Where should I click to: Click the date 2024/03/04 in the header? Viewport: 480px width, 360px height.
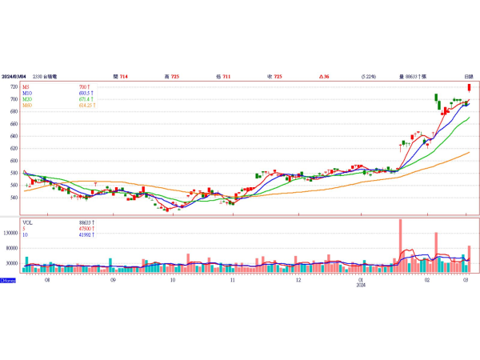pyautogui.click(x=17, y=76)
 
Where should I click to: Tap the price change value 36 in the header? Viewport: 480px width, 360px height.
pyautogui.click(x=325, y=76)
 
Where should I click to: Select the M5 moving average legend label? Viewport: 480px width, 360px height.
pyautogui.click(x=26, y=86)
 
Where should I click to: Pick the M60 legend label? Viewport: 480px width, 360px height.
pyautogui.click(x=27, y=106)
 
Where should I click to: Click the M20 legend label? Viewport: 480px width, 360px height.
pyautogui.click(x=27, y=99)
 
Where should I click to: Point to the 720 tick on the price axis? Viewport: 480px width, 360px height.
pyautogui.click(x=14, y=86)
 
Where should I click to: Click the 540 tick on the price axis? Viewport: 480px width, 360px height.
pyautogui.click(x=14, y=197)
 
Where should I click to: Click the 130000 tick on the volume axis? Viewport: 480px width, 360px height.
pyautogui.click(x=11, y=234)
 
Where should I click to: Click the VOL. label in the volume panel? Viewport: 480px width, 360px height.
pyautogui.click(x=28, y=222)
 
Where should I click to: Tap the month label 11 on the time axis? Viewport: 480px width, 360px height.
pyautogui.click(x=232, y=280)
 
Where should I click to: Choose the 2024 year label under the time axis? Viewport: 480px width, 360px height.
pyautogui.click(x=361, y=285)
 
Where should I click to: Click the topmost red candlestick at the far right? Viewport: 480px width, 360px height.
pyautogui.click(x=469, y=88)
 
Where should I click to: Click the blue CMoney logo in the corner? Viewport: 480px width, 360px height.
pyautogui.click(x=7, y=280)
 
